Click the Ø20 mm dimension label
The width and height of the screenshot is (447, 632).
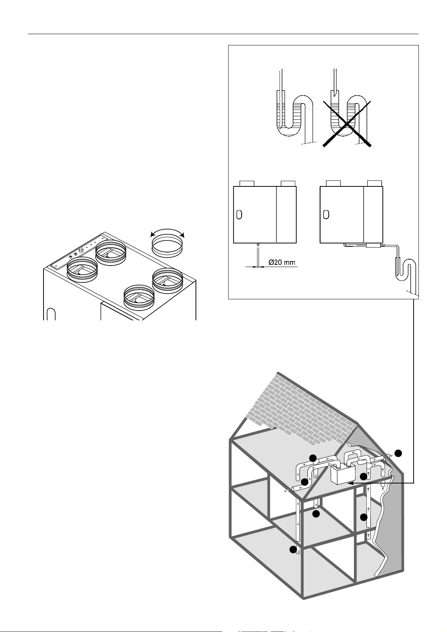tap(281, 263)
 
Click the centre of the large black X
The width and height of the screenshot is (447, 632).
tap(347, 123)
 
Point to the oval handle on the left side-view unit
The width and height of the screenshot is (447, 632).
tap(239, 215)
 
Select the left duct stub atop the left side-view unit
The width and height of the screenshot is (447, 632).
tap(247, 183)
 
